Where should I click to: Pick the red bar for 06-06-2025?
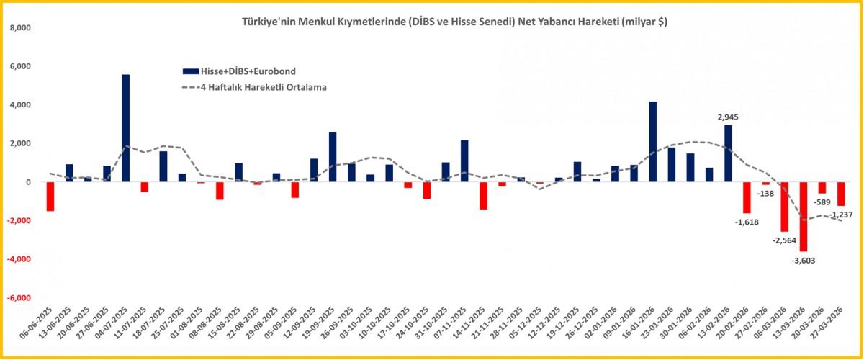pos(50,196)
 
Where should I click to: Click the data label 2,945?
pos(728,117)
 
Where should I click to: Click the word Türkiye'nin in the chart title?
pos(264,22)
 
